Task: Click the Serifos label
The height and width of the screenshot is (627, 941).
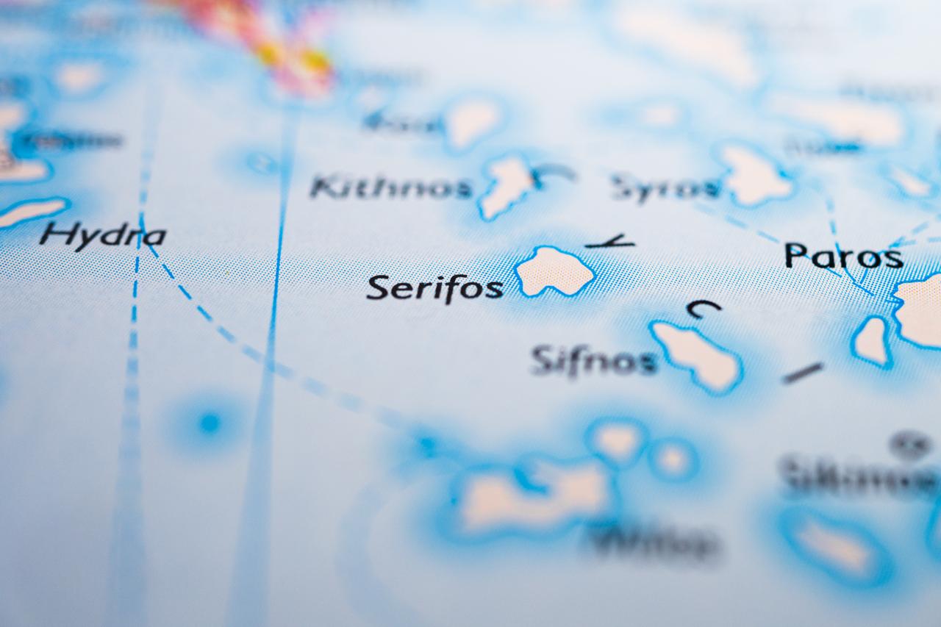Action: [x=434, y=287]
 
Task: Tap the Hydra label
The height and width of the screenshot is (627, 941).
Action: [x=103, y=235]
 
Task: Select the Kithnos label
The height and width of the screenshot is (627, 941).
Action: [x=390, y=187]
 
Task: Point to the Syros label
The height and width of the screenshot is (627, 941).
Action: [x=665, y=188]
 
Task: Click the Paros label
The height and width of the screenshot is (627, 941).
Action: [x=843, y=257]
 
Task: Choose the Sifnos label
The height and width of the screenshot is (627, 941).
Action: [x=593, y=360]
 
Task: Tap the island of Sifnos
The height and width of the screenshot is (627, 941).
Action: [x=697, y=355]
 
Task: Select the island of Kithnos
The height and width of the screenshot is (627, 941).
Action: [x=507, y=185]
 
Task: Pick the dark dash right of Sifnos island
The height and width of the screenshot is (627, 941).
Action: [x=803, y=373]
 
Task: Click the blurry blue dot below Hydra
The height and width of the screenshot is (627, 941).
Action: [x=210, y=423]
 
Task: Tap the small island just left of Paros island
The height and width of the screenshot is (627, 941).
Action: [x=873, y=340]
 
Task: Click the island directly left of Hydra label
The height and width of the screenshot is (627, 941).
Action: [x=29, y=212]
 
